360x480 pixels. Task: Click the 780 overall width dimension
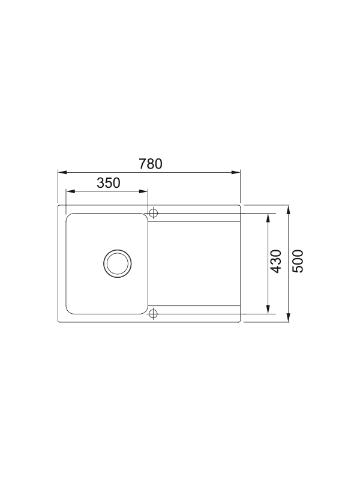[x=151, y=163]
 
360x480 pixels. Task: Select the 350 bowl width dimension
[x=109, y=183]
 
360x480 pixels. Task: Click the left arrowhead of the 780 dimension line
[x=61, y=172]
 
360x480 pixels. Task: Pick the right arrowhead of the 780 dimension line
[x=238, y=172]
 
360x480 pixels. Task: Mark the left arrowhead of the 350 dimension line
[x=68, y=191]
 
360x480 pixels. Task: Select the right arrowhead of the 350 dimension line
[x=145, y=191]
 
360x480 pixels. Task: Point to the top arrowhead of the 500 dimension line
[x=289, y=209]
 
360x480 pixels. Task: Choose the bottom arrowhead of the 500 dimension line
[x=289, y=318]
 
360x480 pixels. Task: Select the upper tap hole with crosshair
[x=153, y=213]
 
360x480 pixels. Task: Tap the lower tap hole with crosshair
[x=153, y=313]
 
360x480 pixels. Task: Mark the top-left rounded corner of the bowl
[x=68, y=215]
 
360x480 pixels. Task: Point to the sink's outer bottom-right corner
[x=240, y=322]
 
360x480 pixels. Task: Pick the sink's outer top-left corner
[x=59, y=206]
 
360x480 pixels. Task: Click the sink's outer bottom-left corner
[x=59, y=322]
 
